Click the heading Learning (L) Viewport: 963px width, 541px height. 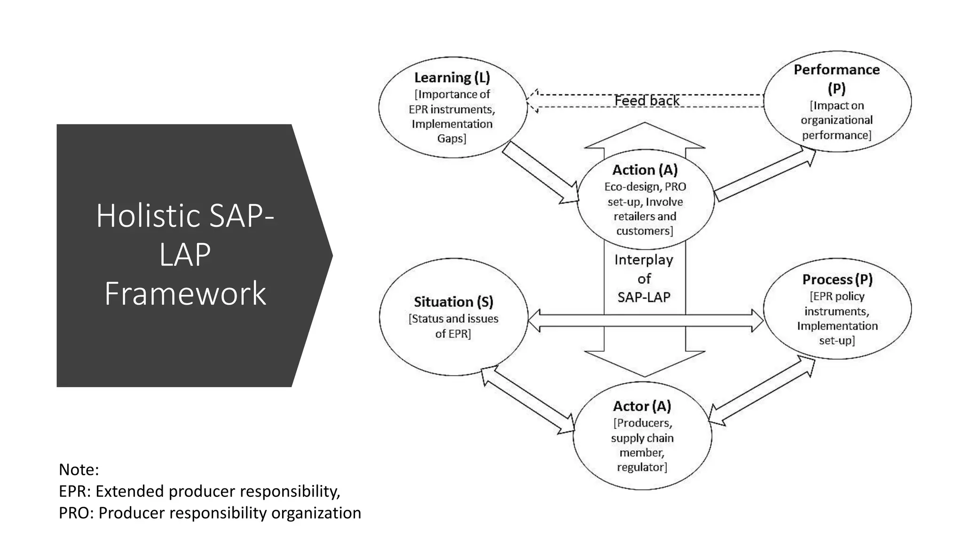click(452, 77)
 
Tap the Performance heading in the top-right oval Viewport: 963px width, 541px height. click(837, 70)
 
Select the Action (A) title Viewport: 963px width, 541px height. click(645, 170)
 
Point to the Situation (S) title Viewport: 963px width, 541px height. click(453, 302)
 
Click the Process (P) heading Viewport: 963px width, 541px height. click(837, 280)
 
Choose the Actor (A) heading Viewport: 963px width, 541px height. click(642, 406)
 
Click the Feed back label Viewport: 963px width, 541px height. click(647, 101)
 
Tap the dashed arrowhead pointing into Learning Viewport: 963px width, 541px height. click(533, 101)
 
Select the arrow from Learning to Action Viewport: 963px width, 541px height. click(541, 173)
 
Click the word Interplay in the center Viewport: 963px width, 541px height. click(644, 260)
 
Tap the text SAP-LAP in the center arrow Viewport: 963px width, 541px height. click(644, 297)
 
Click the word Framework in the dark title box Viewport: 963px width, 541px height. click(185, 294)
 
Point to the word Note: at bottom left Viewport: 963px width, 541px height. click(79, 470)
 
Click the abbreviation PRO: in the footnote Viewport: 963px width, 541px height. click(76, 513)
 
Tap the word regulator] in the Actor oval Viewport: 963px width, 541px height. click(642, 467)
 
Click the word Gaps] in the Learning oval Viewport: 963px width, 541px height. click(451, 139)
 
